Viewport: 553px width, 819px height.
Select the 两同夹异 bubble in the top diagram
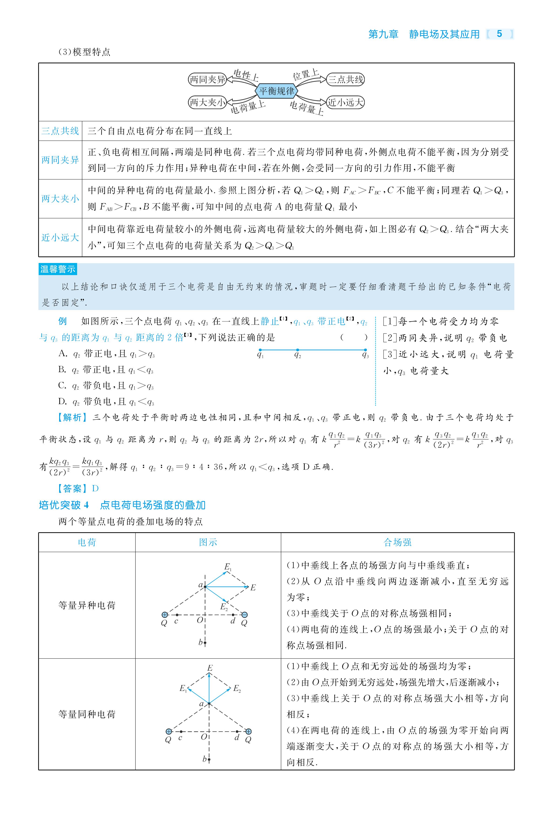tap(207, 79)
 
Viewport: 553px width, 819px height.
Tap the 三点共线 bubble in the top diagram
tap(345, 79)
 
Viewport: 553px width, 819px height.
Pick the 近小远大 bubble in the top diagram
tap(345, 102)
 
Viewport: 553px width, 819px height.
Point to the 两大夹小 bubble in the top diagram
tap(207, 102)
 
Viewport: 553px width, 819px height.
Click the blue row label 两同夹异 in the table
tap(60, 160)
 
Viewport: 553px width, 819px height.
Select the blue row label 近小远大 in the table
tap(60, 237)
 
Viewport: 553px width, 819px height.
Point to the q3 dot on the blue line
tap(365, 350)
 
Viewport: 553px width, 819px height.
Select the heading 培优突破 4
tap(64, 505)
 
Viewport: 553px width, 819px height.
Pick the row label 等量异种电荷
tap(87, 605)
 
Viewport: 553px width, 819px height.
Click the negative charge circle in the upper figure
tap(244, 615)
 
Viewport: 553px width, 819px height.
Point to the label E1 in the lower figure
tap(183, 688)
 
